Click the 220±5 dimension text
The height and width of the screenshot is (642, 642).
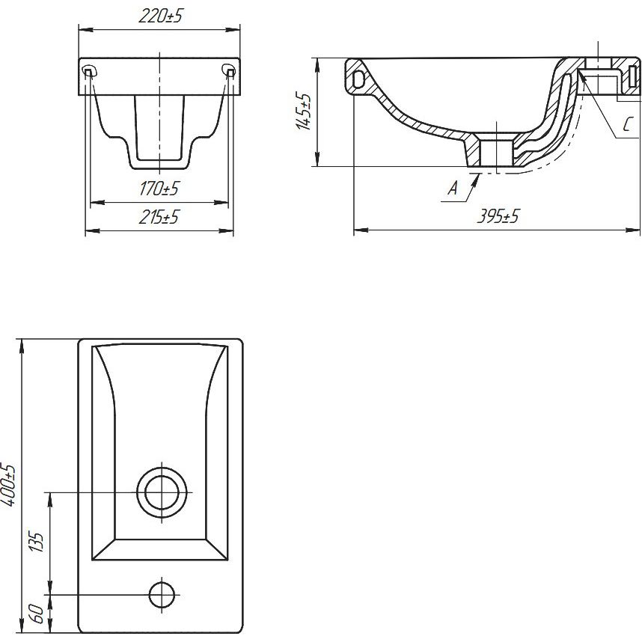coord(159,16)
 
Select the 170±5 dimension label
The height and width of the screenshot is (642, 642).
coord(159,189)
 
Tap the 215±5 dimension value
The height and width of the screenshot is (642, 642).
coord(159,217)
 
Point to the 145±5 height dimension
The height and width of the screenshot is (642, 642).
coord(303,111)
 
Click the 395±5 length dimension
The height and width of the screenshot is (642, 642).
coord(498,216)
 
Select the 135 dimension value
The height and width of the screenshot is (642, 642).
coord(37,542)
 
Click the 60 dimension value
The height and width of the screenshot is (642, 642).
coord(37,614)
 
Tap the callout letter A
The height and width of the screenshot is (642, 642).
coord(453,189)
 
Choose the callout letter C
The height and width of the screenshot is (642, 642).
coord(627,124)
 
